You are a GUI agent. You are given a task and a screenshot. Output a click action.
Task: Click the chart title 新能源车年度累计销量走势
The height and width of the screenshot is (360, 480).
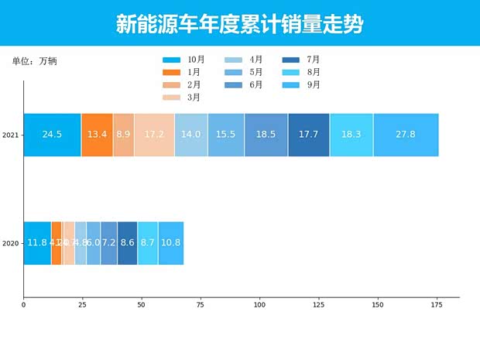click(x=239, y=24)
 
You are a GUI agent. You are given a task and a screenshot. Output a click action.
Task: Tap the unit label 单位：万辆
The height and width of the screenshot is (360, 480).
click(x=34, y=61)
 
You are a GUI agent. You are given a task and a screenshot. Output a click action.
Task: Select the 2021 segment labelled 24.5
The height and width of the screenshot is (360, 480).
click(x=52, y=135)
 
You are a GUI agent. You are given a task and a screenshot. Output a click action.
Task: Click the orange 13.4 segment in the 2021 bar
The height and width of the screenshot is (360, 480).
click(x=97, y=135)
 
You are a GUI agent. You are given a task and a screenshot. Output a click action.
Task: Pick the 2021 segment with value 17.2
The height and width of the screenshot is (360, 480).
click(x=154, y=135)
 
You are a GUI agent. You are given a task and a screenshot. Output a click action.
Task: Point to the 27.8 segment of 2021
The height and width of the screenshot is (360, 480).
click(x=406, y=135)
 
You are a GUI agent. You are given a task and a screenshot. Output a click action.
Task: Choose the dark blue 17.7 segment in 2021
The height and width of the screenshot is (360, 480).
click(x=308, y=135)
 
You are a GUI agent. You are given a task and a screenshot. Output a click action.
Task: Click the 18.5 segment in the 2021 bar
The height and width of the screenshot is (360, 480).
click(x=266, y=135)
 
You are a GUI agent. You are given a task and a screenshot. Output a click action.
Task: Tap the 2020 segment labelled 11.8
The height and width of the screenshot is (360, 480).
click(x=37, y=243)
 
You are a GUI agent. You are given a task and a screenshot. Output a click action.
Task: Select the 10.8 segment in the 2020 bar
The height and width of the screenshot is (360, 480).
click(x=170, y=243)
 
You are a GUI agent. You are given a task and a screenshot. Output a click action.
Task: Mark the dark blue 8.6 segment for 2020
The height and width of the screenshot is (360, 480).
click(x=127, y=243)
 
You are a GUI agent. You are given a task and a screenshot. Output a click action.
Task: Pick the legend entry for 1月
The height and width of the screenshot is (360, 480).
click(x=182, y=72)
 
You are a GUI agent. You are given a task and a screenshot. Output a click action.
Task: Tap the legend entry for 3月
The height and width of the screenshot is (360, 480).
click(x=182, y=98)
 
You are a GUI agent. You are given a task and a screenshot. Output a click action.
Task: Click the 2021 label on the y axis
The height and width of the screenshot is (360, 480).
click(x=10, y=135)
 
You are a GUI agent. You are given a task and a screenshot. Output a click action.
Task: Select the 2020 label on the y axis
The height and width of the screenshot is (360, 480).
click(x=10, y=244)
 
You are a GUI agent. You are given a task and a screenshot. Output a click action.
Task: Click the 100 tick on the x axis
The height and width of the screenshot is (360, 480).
click(x=259, y=305)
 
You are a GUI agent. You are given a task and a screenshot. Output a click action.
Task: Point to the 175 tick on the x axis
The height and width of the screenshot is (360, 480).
click(x=436, y=305)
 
